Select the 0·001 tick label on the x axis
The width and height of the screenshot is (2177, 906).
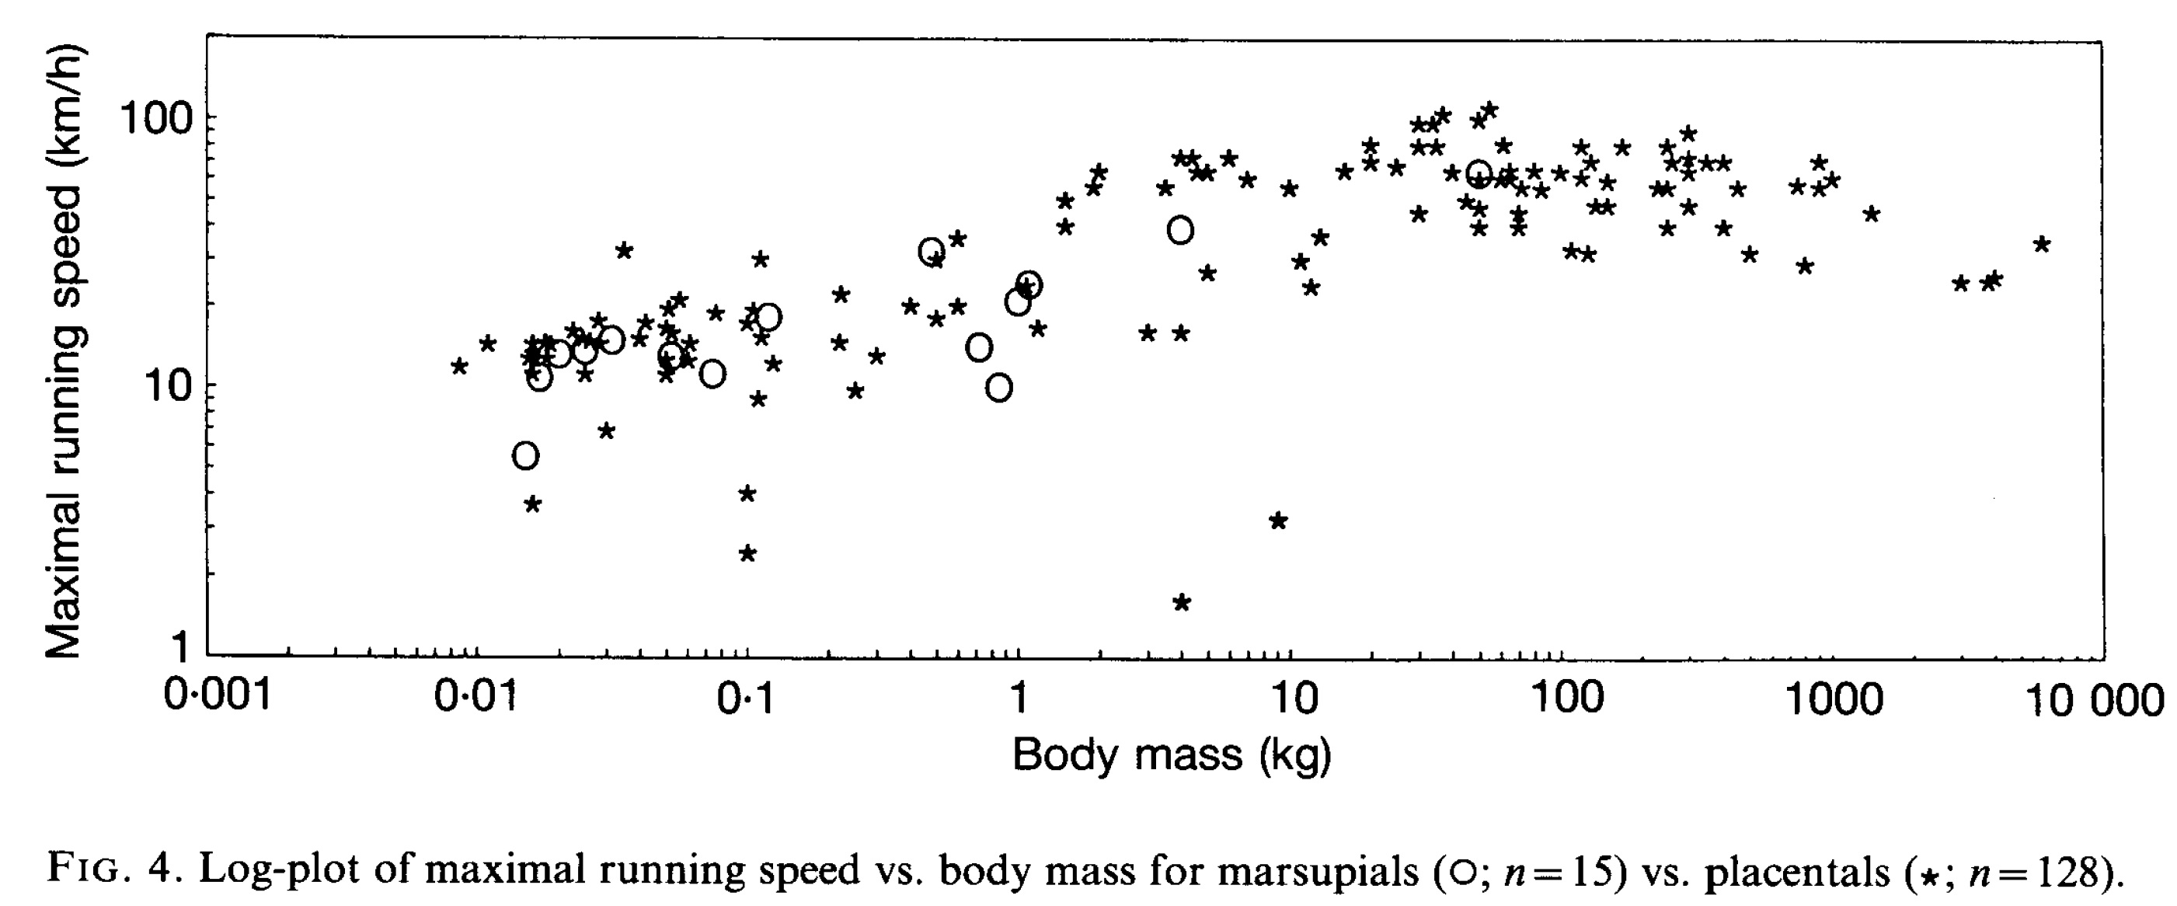click(218, 696)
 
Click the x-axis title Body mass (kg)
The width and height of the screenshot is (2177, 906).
click(1172, 754)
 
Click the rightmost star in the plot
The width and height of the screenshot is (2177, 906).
click(2042, 244)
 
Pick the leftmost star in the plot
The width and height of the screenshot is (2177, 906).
click(459, 366)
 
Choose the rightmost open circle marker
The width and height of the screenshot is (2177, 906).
click(1478, 174)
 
